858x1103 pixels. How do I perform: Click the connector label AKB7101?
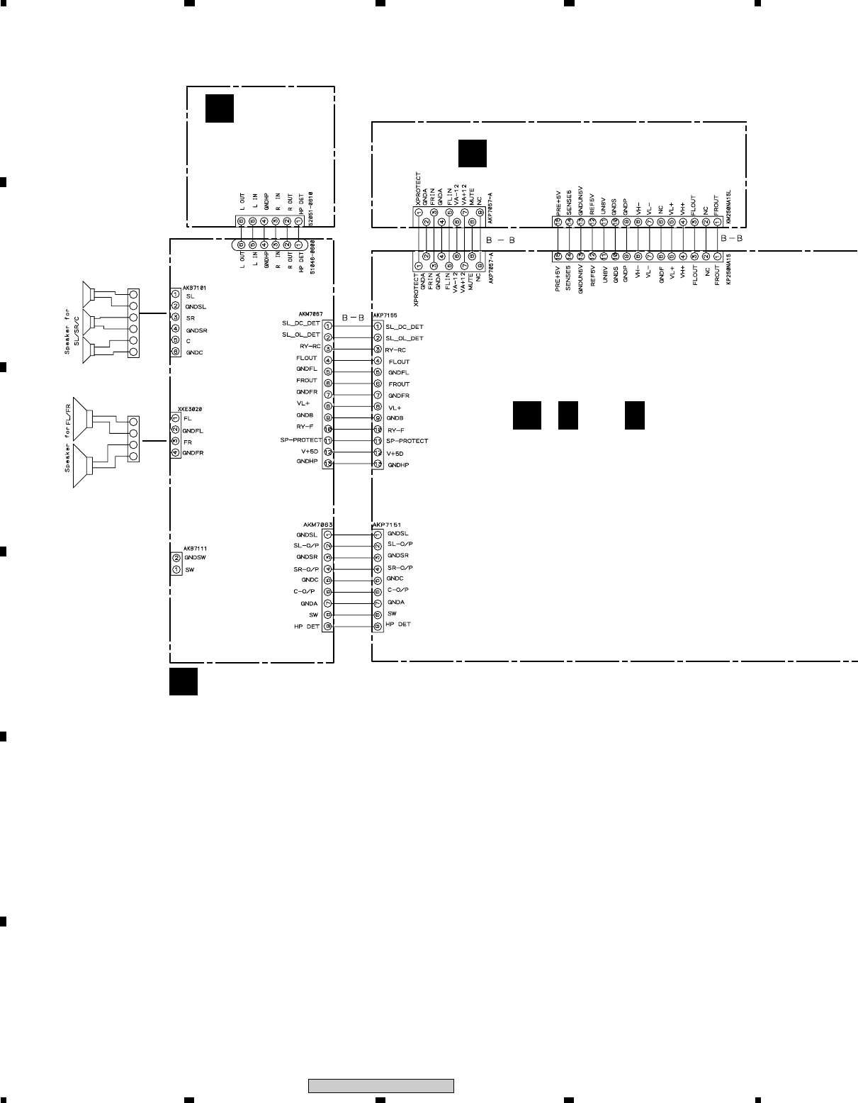point(193,289)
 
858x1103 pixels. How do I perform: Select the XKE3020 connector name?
point(181,409)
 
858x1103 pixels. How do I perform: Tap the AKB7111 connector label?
point(195,549)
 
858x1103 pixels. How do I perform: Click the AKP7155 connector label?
point(385,314)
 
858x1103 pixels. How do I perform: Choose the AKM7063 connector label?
point(310,525)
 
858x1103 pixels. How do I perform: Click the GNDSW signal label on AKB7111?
point(196,558)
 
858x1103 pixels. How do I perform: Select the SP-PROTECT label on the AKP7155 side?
point(407,441)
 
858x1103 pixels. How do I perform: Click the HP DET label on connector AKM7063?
point(307,627)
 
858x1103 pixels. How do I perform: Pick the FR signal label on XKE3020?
point(187,441)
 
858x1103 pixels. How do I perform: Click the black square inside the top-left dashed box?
point(220,108)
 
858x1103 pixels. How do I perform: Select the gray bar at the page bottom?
point(380,1086)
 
